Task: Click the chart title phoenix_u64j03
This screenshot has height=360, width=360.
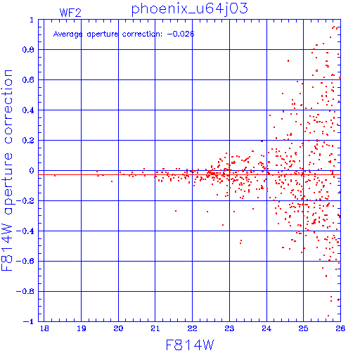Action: click(189, 9)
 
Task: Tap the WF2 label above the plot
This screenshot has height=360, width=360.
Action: click(70, 13)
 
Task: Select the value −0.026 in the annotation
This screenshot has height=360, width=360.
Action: click(181, 34)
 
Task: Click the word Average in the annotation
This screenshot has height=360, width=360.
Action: click(67, 34)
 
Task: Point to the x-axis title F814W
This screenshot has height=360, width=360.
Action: click(190, 345)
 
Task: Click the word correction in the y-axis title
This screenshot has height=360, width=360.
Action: click(8, 107)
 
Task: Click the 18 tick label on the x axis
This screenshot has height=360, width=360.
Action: click(44, 328)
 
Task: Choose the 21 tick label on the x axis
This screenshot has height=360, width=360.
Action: click(155, 328)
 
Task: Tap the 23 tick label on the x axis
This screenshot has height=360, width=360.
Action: click(229, 328)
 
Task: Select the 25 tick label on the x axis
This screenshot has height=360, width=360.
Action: click(303, 328)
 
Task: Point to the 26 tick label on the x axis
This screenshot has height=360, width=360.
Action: click(340, 328)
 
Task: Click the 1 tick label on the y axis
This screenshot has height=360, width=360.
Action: click(32, 20)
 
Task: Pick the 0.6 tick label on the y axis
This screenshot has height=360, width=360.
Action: click(28, 80)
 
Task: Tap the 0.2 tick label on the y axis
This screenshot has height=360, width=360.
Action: click(28, 141)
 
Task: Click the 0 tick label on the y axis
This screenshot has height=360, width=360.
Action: click(32, 171)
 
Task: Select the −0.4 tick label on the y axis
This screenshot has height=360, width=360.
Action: click(25, 231)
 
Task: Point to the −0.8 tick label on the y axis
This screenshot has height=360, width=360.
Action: click(25, 291)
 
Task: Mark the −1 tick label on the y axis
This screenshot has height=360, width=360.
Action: click(29, 321)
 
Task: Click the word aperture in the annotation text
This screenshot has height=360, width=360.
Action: click(103, 34)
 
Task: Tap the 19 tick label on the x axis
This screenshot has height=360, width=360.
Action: click(82, 328)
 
